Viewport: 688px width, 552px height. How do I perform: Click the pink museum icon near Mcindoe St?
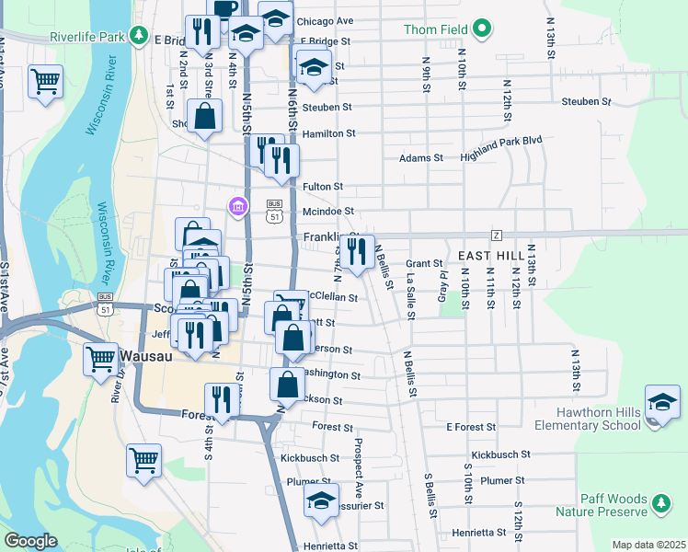click(238, 205)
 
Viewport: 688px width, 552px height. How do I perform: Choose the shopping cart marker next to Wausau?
click(100, 358)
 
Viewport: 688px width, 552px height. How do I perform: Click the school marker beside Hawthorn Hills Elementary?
click(661, 403)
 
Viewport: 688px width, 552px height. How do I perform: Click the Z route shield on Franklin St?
click(496, 235)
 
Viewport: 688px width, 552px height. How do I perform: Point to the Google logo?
click(30, 541)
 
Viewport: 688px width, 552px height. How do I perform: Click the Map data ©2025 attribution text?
click(648, 545)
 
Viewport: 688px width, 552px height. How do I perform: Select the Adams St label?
click(421, 158)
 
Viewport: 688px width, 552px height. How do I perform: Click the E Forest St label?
click(471, 427)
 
